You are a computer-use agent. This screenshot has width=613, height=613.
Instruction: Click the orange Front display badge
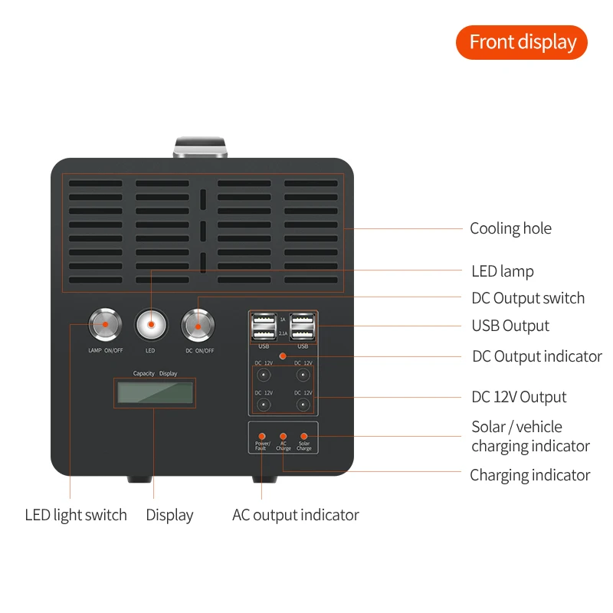coord(521,42)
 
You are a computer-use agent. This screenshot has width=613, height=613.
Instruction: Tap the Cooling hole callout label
coord(510,228)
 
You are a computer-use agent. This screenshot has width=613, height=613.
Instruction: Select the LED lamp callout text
coord(502,271)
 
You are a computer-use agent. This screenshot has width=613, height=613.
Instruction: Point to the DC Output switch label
coord(527,298)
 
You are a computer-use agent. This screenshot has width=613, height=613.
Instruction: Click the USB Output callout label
coord(510,326)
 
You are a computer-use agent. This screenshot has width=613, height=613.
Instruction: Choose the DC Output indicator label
coord(536,356)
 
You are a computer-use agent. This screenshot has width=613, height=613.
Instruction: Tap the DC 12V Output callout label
coord(519,397)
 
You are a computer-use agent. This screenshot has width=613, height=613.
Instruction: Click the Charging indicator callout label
coord(529,475)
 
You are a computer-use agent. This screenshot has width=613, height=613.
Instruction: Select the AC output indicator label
coord(295,515)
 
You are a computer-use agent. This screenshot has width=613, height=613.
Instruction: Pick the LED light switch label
coord(76,515)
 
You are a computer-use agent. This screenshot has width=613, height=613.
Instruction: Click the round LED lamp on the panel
coord(151,326)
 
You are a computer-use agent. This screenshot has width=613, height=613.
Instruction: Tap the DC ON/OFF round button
coord(198,326)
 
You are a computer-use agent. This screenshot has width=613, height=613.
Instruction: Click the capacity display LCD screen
coord(155,393)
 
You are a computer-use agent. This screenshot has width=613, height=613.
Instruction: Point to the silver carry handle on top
coord(201,148)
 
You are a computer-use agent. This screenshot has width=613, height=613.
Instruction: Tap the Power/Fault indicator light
coord(262,435)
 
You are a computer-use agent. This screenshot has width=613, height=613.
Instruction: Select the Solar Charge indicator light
coord(304,435)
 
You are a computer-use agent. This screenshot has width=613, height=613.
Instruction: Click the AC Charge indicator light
coord(284,435)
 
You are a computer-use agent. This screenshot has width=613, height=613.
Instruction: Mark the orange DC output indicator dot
coord(283,356)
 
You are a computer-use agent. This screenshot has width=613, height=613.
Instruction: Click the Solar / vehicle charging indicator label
coord(530,436)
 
